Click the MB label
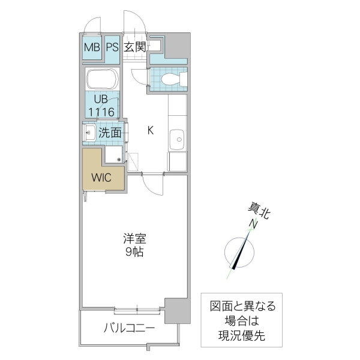pos(92,47)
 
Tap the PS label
pos(112,47)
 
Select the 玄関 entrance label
pos(136,47)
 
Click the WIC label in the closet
pos(100,177)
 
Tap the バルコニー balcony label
pos(130,328)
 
